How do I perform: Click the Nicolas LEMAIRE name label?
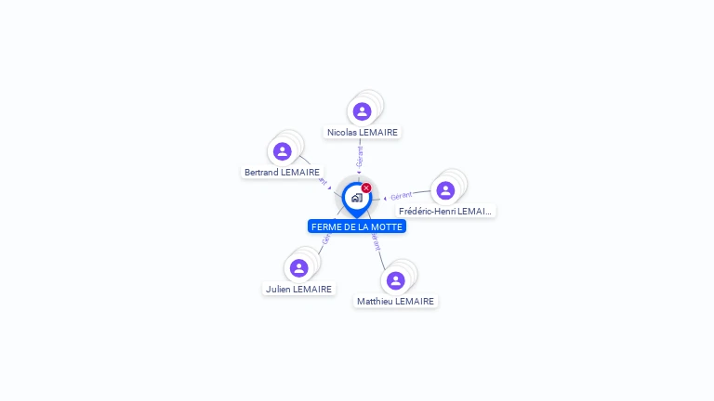[x=363, y=132]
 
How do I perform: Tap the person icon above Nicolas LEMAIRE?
[x=363, y=111]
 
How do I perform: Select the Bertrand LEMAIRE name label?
[x=282, y=172]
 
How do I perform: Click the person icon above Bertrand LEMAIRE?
[x=283, y=151]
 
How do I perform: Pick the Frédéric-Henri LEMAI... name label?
[x=445, y=211]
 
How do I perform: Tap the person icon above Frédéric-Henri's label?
[x=445, y=190]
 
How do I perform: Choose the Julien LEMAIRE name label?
[x=298, y=289]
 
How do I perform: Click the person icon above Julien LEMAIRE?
[x=298, y=268]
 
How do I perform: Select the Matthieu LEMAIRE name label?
[x=396, y=301]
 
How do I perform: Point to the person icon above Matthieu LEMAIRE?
[x=396, y=280]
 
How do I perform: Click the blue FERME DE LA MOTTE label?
[x=357, y=226]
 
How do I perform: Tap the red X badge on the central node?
[x=366, y=188]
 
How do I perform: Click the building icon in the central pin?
[x=356, y=198]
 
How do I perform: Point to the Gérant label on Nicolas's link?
[x=360, y=156]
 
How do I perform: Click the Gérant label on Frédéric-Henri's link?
[x=402, y=196]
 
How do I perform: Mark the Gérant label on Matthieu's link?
[x=377, y=241]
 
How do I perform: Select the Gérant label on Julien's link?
[x=325, y=239]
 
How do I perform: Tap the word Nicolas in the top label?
[x=343, y=132]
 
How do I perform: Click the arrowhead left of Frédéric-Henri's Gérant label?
[x=385, y=199]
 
